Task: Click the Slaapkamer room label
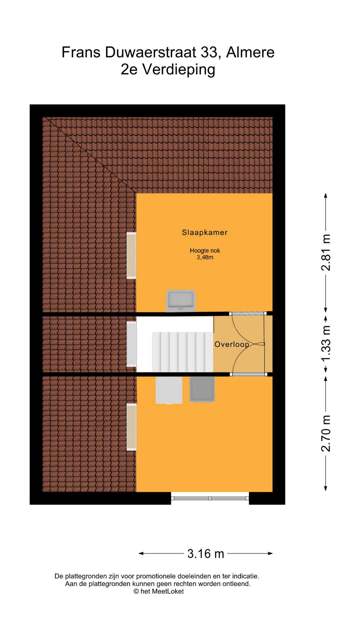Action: point(205,233)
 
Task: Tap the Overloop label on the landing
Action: point(232,344)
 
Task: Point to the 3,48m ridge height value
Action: point(205,257)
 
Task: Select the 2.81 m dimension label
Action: point(326,252)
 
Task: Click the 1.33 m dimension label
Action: point(326,343)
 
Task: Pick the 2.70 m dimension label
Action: point(326,434)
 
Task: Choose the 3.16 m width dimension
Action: point(206,554)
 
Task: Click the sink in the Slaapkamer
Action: point(181,301)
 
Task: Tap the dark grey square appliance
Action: point(202,389)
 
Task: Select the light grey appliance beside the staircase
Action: point(169,390)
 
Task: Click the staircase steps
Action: point(182,352)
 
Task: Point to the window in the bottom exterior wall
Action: point(210,498)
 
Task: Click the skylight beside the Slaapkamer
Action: point(131,255)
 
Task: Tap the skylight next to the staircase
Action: point(131,344)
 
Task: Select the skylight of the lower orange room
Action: point(131,427)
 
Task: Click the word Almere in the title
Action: point(250,52)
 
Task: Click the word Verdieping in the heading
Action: point(179,70)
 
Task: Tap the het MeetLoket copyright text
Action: point(159,591)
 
